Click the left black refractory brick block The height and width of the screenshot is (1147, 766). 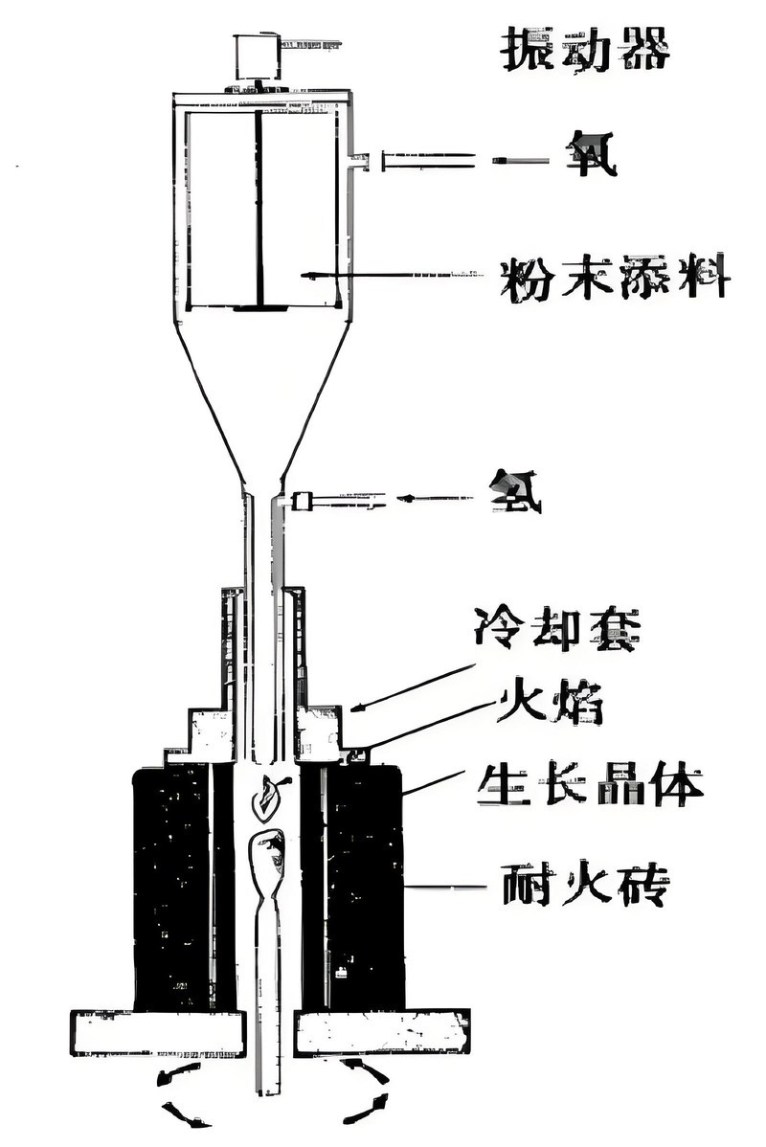coord(172,886)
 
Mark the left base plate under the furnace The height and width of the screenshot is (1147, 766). coord(157,1032)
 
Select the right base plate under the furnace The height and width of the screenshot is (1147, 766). coord(381,1032)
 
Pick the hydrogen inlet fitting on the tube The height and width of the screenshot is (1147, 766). coord(304,500)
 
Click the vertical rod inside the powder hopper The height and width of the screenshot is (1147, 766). coord(259,206)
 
